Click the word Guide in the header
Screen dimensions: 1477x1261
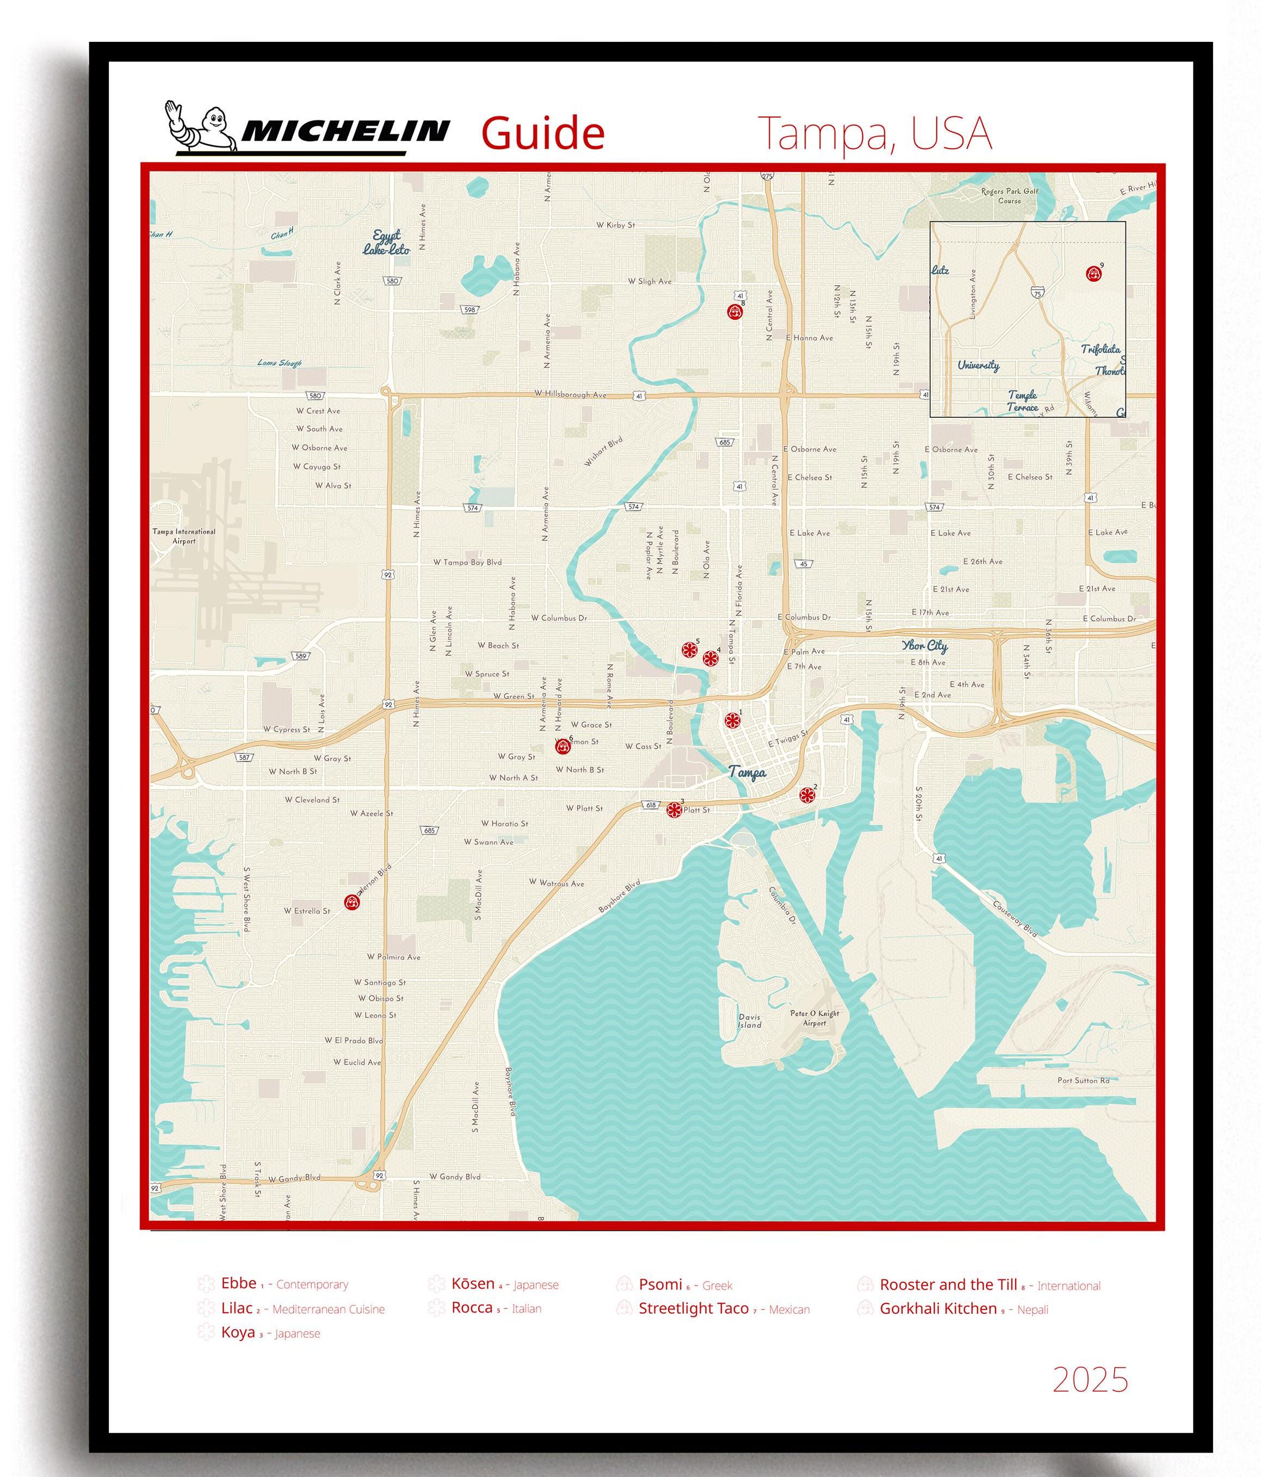(542, 133)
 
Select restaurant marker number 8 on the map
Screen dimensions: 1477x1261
(734, 312)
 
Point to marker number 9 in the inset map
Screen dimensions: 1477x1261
(1091, 273)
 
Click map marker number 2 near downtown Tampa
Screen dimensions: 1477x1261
(806, 795)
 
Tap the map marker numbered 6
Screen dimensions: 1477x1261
(562, 746)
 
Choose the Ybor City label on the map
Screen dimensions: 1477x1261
(925, 646)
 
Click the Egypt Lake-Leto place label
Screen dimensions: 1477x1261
(386, 243)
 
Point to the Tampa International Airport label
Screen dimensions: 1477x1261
(184, 536)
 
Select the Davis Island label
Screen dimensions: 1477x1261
(749, 1021)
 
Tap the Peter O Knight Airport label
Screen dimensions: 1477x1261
(814, 1018)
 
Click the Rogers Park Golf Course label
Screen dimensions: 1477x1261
(1009, 196)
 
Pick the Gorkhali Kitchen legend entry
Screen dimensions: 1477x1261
(937, 1308)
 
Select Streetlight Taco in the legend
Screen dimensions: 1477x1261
(693, 1308)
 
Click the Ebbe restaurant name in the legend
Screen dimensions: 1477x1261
(238, 1283)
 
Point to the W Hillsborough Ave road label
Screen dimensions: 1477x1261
(570, 394)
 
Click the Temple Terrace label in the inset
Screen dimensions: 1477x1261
(1022, 400)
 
